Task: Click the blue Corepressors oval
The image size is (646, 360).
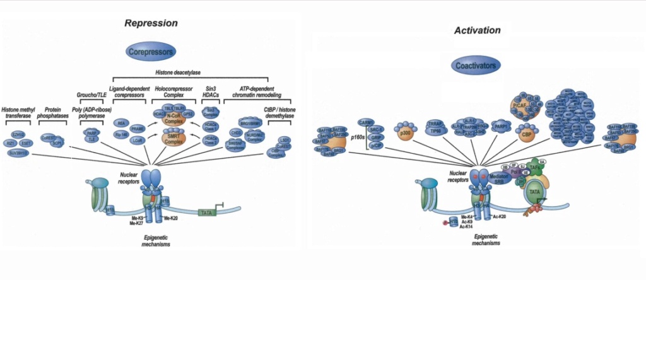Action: [x=150, y=50]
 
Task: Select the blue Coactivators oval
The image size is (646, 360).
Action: [x=476, y=64]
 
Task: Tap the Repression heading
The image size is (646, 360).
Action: [x=151, y=23]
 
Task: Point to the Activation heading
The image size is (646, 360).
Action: [x=477, y=30]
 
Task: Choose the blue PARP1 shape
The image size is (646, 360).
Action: [x=502, y=126]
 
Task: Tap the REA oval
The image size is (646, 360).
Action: [x=122, y=123]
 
